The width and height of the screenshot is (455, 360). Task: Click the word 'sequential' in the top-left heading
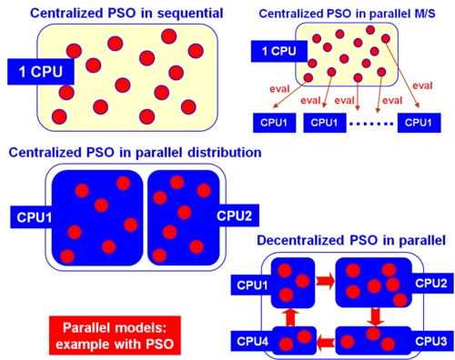[x=189, y=14]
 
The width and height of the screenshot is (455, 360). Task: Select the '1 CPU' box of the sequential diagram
[x=41, y=72]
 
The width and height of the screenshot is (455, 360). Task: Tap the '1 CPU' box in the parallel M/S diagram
[x=279, y=51]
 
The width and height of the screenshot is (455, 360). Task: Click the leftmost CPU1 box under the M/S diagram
[x=274, y=123]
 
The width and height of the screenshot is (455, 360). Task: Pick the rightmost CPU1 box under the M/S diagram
[x=419, y=123]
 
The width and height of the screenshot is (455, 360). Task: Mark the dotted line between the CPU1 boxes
[x=371, y=124]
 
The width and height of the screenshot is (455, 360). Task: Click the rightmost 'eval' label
[x=422, y=85]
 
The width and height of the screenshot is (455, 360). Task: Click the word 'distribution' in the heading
[x=225, y=153]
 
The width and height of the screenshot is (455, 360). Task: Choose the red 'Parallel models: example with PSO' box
[x=115, y=335]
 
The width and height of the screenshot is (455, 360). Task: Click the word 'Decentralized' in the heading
[x=301, y=240]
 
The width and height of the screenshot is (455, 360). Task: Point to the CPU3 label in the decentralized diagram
[x=431, y=341]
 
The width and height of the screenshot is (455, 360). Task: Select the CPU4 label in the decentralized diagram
[x=253, y=341]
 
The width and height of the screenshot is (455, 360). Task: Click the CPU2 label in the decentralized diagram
[x=431, y=284]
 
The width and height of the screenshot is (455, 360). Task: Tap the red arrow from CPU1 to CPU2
[x=325, y=281]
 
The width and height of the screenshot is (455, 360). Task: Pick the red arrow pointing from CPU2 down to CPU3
[x=375, y=316]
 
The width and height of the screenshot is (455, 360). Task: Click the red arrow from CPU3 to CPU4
[x=326, y=343]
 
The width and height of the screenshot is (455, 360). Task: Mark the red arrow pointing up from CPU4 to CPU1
[x=290, y=317]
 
